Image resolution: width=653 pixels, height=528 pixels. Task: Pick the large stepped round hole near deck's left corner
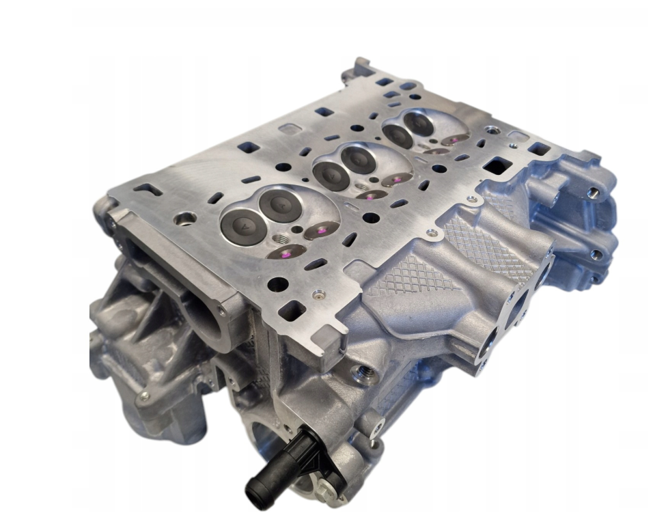click(x=185, y=219)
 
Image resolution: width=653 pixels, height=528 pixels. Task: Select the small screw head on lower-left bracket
click(x=143, y=397)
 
